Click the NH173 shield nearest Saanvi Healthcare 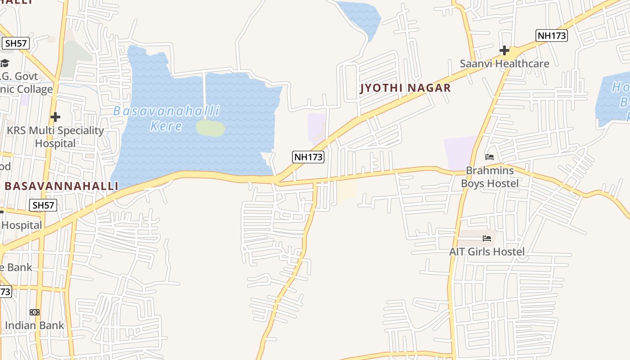(x=551, y=36)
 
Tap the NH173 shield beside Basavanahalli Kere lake (x=308, y=157)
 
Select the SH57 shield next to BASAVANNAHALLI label (x=43, y=206)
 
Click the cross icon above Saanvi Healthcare (x=504, y=50)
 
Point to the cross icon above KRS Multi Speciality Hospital (x=55, y=117)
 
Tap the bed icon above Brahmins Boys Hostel (x=490, y=157)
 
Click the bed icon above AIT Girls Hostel (x=486, y=238)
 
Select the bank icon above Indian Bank (x=35, y=312)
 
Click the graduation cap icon (x=4, y=63)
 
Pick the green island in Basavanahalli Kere (x=210, y=128)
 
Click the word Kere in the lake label (x=166, y=126)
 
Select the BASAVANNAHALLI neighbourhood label (x=61, y=186)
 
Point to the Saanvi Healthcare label (x=504, y=63)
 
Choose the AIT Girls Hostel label (x=487, y=252)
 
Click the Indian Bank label (x=35, y=325)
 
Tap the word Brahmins (x=490, y=171)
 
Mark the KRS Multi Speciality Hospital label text (x=55, y=137)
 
